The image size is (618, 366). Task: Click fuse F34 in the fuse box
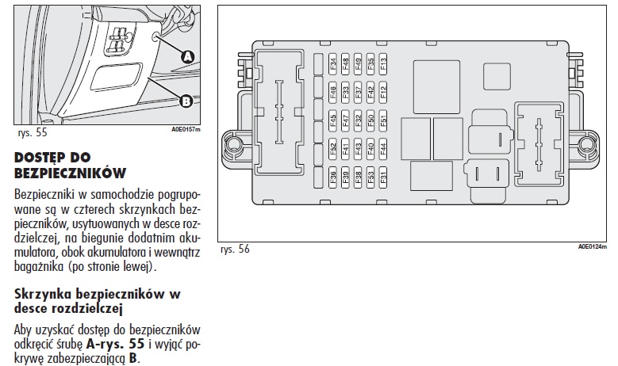333,63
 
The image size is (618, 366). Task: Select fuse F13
383,63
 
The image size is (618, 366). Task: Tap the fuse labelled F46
333,93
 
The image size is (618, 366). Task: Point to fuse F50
370,121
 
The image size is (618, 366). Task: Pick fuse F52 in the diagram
333,148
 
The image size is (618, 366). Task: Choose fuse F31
383,177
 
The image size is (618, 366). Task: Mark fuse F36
333,177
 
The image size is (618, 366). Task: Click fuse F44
383,148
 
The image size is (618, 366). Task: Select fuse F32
359,121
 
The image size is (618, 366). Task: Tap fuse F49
359,63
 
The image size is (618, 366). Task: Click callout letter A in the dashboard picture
188,56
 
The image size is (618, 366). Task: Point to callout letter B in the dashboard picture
186,101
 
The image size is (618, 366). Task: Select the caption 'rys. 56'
235,249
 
